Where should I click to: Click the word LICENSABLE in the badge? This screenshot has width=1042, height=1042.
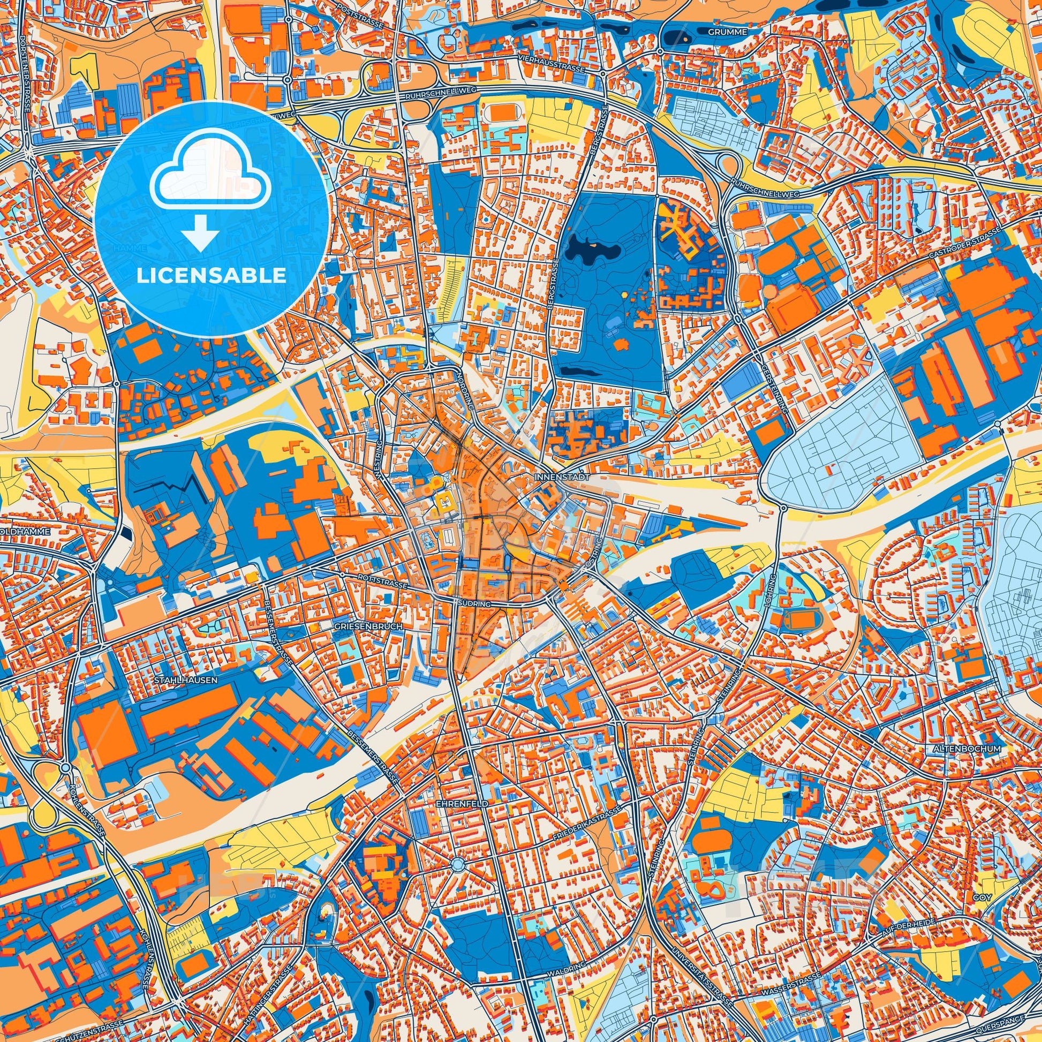212,276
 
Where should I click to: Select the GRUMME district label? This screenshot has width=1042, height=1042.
727,32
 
